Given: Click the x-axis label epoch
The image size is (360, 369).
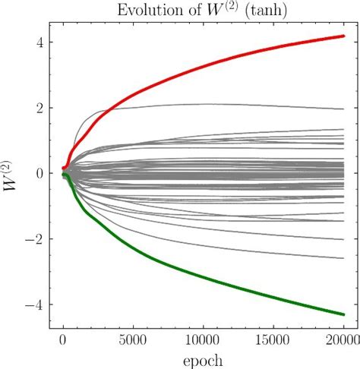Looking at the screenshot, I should [203, 358].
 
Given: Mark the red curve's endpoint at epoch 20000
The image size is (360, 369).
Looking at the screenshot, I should [343, 36].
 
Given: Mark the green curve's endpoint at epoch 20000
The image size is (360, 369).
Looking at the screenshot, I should [343, 314].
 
